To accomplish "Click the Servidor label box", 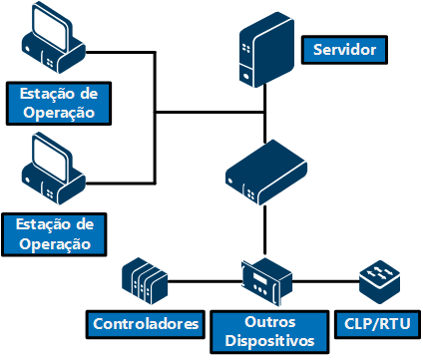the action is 344,50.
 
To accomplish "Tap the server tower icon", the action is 266,50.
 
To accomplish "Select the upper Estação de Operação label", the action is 59,104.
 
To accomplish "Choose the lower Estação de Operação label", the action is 54,234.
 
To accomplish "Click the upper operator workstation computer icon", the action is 53,38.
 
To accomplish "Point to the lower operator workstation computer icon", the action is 53,169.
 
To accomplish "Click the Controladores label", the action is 146,324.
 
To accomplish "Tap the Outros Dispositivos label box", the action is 269,332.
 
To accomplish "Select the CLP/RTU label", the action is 377,324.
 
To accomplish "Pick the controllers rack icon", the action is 145,281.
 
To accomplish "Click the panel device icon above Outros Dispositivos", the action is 266,281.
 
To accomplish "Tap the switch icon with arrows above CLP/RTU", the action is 380,282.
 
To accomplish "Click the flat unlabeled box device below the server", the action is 266,173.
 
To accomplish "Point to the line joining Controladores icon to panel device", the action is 205,282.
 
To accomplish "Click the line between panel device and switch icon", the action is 326,282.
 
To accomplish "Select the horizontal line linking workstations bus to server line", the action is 211,113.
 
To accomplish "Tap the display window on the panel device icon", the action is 259,279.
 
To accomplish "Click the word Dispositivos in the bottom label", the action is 269,341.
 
